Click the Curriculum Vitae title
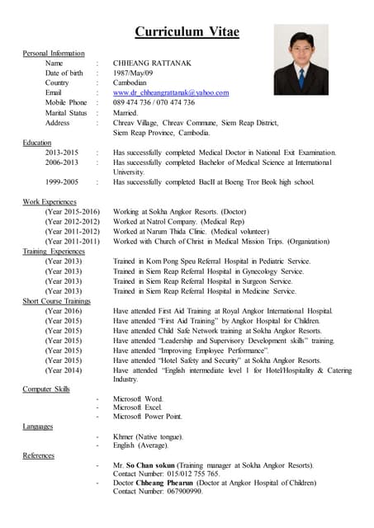pos(187,32)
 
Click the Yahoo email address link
pos(171,92)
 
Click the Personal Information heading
pos(54,53)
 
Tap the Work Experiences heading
pos(50,201)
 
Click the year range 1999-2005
pos(63,181)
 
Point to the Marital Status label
pos(66,112)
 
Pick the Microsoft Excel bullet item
pos(137,408)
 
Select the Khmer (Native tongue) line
pos(149,436)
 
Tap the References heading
pos(39,455)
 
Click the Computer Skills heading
pos(46,388)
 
